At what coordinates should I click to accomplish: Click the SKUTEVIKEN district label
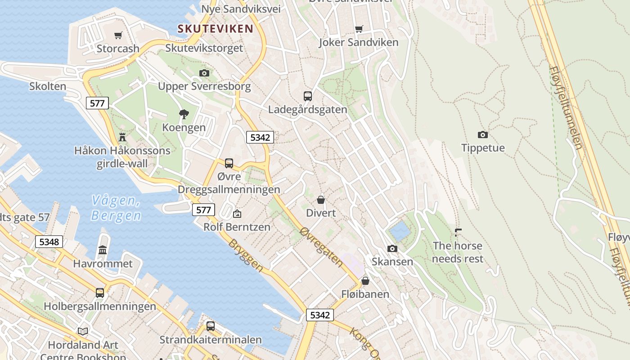click(215, 29)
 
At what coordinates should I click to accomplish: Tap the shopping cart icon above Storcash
click(118, 35)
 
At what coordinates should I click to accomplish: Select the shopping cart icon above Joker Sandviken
click(359, 29)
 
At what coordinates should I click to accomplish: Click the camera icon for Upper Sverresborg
click(204, 73)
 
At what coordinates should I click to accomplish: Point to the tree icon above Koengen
click(184, 114)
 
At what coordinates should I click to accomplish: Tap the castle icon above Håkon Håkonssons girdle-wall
click(122, 137)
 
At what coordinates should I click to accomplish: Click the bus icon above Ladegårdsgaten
click(308, 96)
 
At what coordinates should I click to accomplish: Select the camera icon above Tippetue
click(482, 135)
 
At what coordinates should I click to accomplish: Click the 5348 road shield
click(49, 242)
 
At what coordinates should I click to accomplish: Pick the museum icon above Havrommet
click(103, 250)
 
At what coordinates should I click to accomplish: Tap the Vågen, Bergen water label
click(116, 208)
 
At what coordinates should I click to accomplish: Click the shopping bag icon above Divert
click(321, 199)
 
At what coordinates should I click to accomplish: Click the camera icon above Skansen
click(392, 248)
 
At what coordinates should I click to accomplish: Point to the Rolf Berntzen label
click(237, 227)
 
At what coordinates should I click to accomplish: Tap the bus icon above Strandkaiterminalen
click(211, 326)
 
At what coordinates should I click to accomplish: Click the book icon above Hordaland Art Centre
click(83, 332)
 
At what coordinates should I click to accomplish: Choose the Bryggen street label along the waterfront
click(246, 255)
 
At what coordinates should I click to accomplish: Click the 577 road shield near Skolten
click(97, 103)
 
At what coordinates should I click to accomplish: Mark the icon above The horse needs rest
click(458, 233)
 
